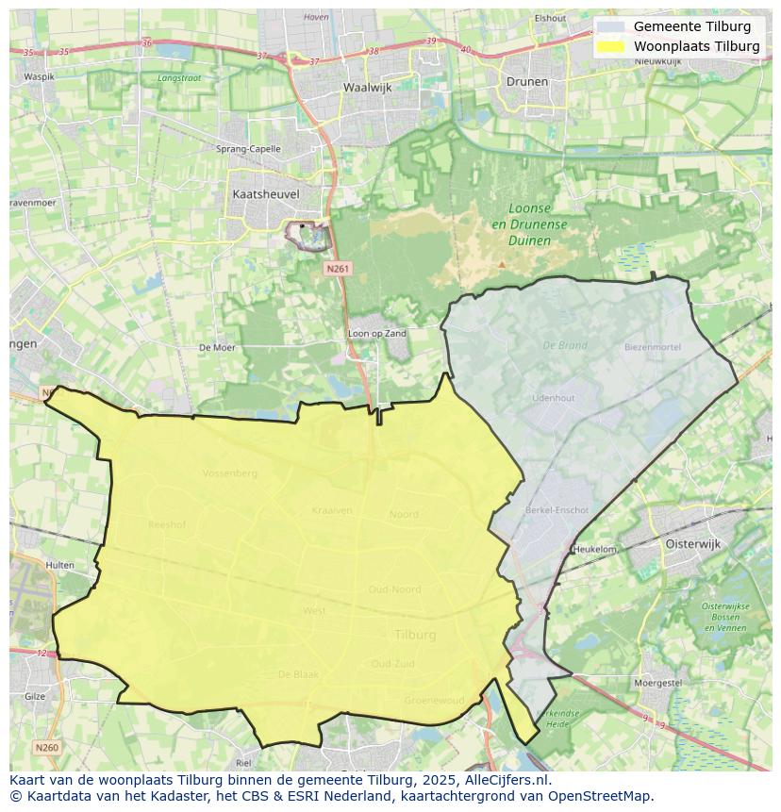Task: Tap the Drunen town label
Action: click(526, 81)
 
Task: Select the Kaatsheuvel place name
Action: click(265, 193)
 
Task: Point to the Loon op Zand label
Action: click(377, 334)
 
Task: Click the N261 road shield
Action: click(338, 269)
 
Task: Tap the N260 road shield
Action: click(46, 747)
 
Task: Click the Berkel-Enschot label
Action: click(557, 510)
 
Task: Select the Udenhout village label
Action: click(553, 398)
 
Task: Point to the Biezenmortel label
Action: click(652, 347)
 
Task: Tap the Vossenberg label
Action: click(229, 473)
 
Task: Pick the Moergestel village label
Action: click(658, 681)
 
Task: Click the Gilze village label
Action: click(34, 696)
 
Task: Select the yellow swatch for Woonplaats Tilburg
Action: click(610, 46)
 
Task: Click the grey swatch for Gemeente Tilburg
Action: click(610, 26)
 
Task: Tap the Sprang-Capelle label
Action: click(248, 149)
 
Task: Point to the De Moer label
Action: click(217, 348)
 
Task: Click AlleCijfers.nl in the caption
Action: click(507, 780)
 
